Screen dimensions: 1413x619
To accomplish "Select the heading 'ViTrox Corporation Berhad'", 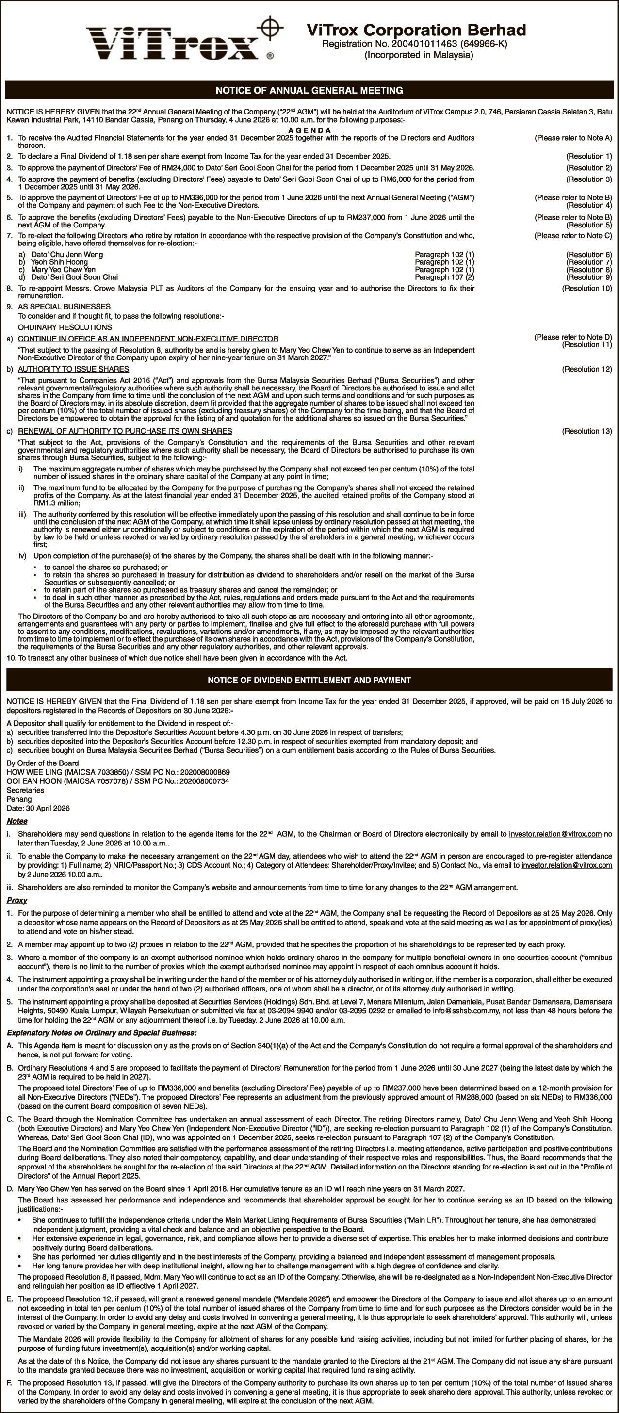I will point(416,30).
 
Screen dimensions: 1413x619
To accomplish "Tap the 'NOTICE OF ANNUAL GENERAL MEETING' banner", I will point(309,90).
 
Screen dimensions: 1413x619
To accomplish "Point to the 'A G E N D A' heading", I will point(309,130).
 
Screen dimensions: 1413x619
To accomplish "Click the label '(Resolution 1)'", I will point(589,156).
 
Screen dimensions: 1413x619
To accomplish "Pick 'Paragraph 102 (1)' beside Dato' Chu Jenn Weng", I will point(444,255).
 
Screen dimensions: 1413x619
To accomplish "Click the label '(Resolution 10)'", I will point(586,288).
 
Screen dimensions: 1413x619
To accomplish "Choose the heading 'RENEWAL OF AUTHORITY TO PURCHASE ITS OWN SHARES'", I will point(125,431).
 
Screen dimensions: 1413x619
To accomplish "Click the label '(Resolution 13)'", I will point(586,431).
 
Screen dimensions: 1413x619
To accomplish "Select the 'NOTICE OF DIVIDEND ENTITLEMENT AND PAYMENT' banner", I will point(309,680).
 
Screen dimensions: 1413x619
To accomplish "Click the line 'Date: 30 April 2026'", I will point(38,808).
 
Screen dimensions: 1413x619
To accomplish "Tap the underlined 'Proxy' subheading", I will point(16,900).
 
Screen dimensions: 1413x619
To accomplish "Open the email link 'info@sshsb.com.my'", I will point(465,1010).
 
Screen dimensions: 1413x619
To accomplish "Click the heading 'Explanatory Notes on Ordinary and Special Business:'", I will point(101,1033).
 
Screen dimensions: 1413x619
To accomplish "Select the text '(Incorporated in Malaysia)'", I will point(419,55).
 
